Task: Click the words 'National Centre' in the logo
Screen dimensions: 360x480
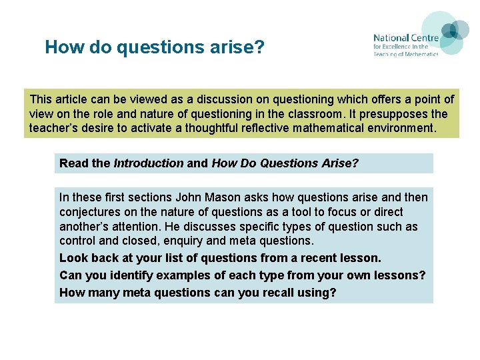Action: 405,38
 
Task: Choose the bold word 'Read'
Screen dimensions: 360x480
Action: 73,163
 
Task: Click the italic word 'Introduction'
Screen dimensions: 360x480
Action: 148,163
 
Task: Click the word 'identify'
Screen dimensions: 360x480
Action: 128,275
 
